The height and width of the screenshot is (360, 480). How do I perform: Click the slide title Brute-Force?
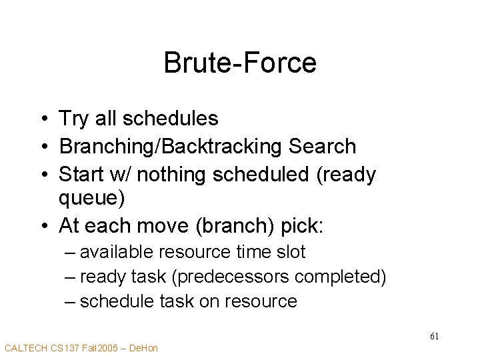[x=240, y=63]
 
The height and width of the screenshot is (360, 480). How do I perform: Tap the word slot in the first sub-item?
[x=291, y=252]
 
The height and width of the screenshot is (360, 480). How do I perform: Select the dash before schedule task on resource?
[x=70, y=301]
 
